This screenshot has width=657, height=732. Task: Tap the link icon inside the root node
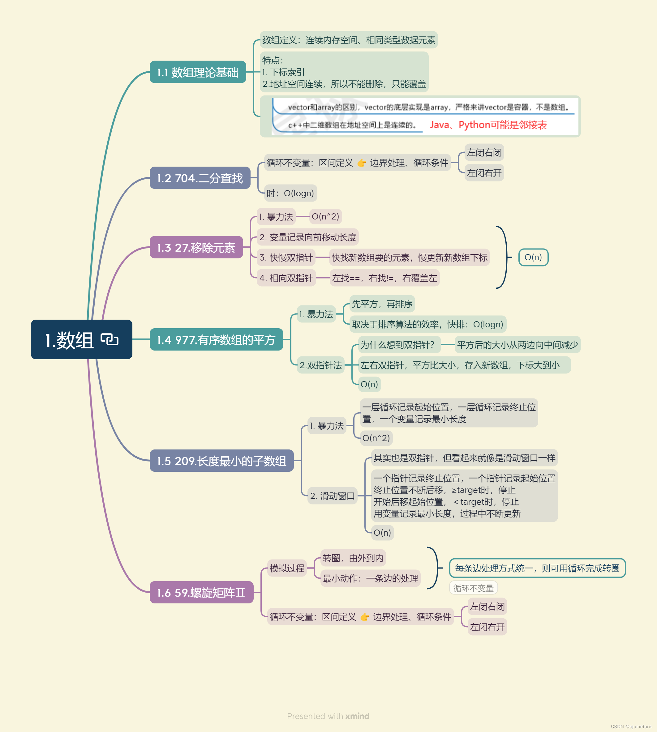click(x=109, y=339)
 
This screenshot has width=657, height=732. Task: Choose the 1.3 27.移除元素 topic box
click(x=196, y=248)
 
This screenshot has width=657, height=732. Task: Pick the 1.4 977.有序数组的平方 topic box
click(x=216, y=339)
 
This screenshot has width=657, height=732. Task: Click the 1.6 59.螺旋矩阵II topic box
click(x=201, y=592)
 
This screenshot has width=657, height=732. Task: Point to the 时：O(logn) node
click(x=290, y=194)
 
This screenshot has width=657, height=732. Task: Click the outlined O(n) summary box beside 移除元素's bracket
click(x=533, y=257)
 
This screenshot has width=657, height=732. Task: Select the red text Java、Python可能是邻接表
click(x=488, y=125)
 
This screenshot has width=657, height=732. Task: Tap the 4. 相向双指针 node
click(x=286, y=278)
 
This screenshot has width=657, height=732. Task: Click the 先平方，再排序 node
click(x=382, y=304)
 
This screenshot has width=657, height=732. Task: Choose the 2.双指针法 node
click(x=320, y=365)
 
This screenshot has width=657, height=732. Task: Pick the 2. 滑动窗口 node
click(x=332, y=496)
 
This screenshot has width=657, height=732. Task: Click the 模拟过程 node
click(x=287, y=568)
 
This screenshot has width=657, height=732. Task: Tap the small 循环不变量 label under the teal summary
click(x=473, y=588)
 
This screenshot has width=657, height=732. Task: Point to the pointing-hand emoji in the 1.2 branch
click(x=361, y=163)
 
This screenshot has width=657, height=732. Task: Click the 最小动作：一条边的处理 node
click(x=370, y=578)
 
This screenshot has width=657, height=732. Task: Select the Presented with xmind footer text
click(x=328, y=716)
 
